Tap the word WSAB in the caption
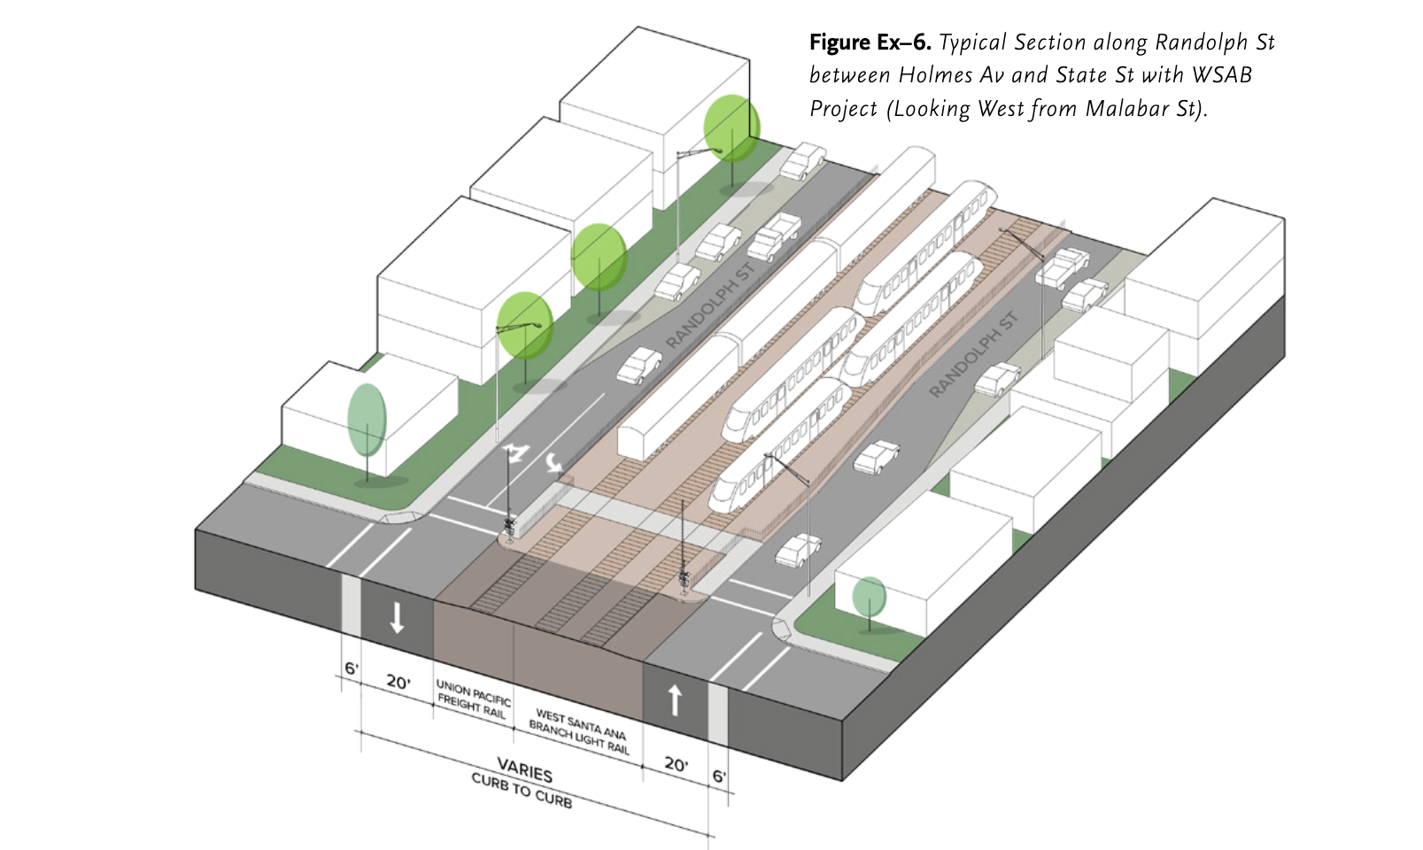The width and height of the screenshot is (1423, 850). pos(1222,75)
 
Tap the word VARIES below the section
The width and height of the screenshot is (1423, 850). pos(524,770)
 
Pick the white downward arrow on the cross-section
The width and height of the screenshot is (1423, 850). pos(397,617)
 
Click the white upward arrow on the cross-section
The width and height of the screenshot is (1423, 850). pos(675,699)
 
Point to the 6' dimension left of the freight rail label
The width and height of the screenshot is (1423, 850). pos(352,668)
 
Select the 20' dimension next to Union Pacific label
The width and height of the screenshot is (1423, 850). pos(398,682)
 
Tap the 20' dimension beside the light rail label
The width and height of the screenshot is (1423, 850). pos(676,763)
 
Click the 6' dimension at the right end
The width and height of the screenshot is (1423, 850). pos(719,777)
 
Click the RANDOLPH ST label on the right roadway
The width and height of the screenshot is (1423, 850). pos(973,354)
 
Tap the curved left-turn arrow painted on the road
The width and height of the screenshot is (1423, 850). pos(554,462)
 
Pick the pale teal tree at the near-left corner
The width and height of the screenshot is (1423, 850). pos(367,420)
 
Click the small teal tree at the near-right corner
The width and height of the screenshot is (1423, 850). pos(869,597)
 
